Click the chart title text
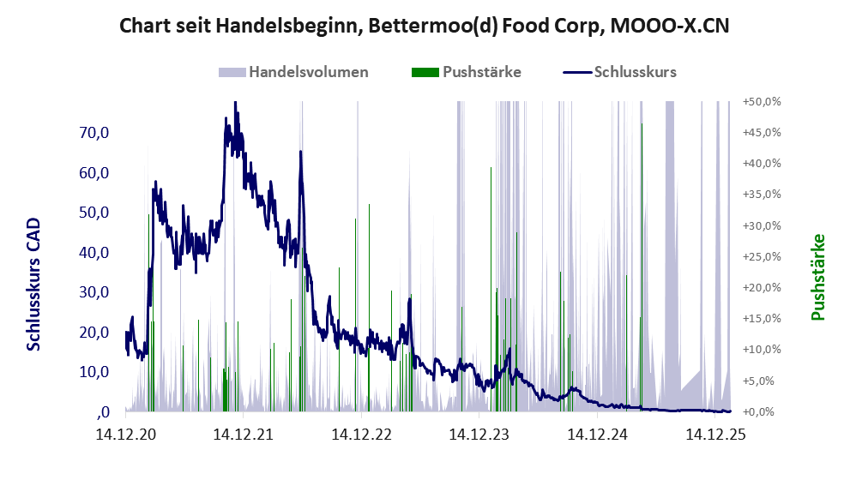(x=425, y=26)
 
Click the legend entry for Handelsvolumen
(x=308, y=72)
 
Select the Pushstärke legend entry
(x=481, y=72)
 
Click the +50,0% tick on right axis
(x=761, y=101)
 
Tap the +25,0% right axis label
(x=761, y=256)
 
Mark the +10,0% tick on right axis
(x=761, y=350)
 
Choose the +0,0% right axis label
(x=763, y=412)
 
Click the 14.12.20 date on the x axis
(x=125, y=435)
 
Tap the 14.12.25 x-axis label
(x=715, y=435)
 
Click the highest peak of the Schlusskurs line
(x=234, y=103)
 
